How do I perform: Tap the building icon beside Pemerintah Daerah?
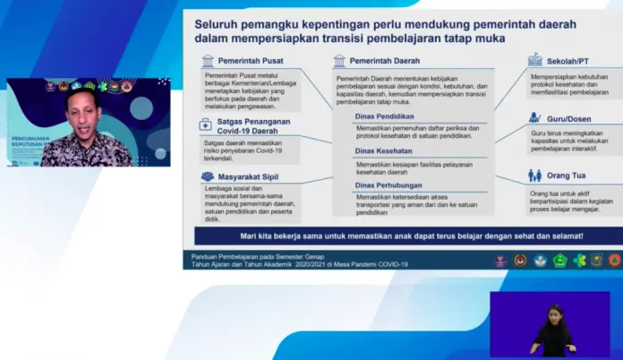pyautogui.click(x=339, y=62)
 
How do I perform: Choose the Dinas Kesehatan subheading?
pyautogui.click(x=382, y=150)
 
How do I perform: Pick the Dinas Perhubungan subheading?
pyautogui.click(x=386, y=185)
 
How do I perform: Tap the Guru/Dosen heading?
pyautogui.click(x=570, y=117)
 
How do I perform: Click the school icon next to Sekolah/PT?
pyautogui.click(x=534, y=60)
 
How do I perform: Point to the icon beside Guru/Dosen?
pyautogui.click(x=534, y=117)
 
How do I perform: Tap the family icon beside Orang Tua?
pyautogui.click(x=534, y=176)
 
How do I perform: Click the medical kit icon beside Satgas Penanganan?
pyautogui.click(x=207, y=126)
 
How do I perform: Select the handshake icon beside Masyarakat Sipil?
pyautogui.click(x=207, y=177)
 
